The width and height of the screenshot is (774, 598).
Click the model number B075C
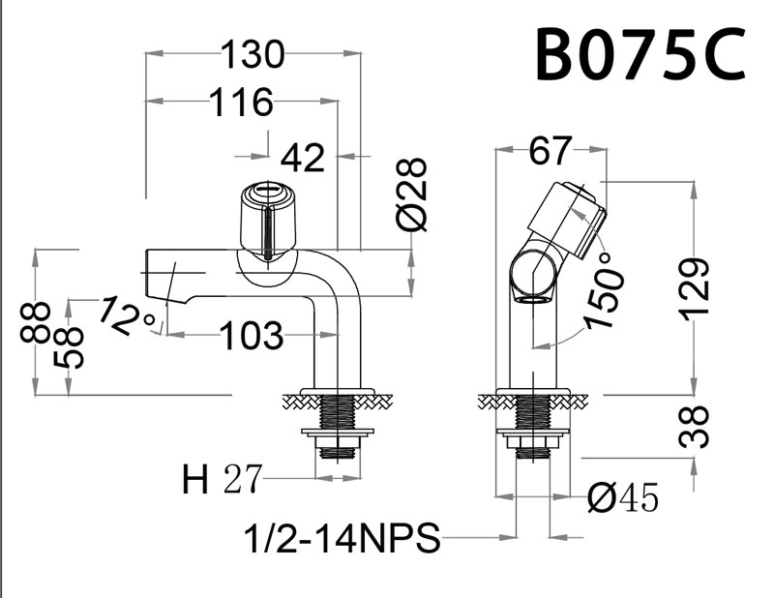640,56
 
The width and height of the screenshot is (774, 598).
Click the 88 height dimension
36,322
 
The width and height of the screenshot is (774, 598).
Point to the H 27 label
222,479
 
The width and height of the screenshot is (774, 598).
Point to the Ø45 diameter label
624,497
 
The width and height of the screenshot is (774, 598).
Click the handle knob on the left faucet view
264,219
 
